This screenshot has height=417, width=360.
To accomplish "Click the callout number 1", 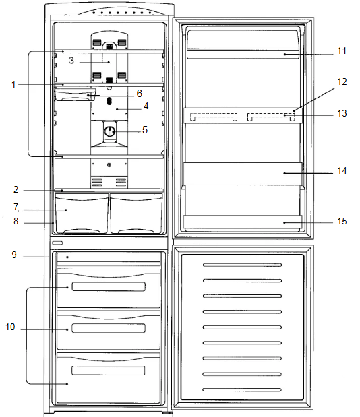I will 13,84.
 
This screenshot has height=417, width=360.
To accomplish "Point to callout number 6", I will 139,94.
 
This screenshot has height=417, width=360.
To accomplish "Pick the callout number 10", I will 10,327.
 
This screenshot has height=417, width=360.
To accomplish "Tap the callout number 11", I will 342,51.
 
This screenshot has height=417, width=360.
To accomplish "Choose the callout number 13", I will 342,114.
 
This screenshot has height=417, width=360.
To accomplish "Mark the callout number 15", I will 342,220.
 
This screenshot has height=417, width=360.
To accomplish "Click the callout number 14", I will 342,171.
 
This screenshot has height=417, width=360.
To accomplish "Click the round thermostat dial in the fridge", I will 109,129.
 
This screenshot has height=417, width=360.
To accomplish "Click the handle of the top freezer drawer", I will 108,287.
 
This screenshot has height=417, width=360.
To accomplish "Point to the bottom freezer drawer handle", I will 108,371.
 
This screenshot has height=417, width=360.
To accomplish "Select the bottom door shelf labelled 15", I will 243,221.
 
